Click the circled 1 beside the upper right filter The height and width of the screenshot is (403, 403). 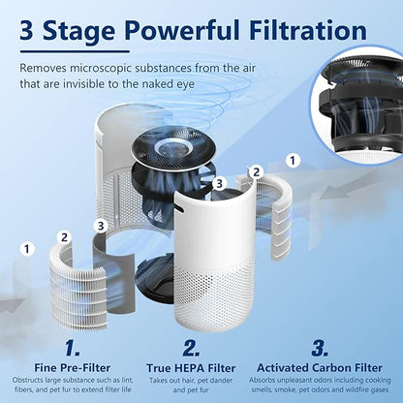coord(294,157)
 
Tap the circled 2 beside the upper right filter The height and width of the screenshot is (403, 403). coord(256,171)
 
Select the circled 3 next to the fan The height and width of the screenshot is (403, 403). coord(220,182)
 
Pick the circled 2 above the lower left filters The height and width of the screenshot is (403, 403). coord(65,234)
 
